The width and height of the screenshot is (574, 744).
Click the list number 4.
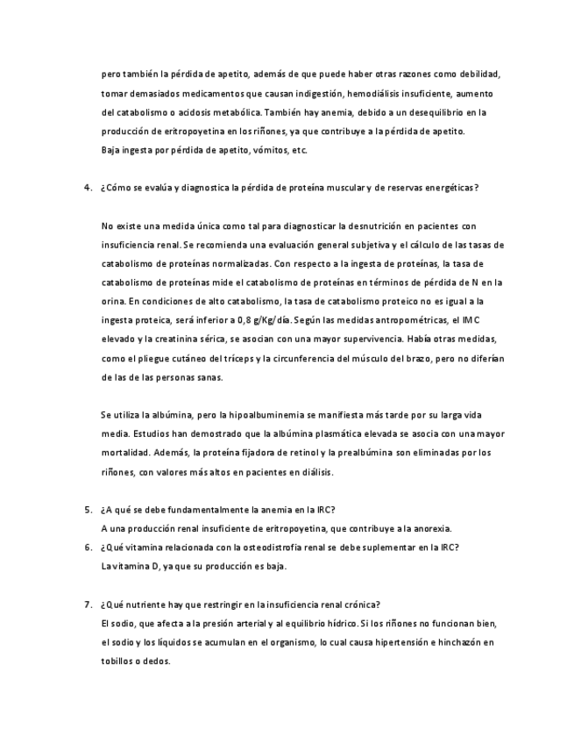[x=88, y=188]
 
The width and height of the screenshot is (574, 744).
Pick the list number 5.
[x=88, y=510]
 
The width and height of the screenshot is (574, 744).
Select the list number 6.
[x=88, y=547]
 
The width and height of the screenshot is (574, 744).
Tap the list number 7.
[x=88, y=604]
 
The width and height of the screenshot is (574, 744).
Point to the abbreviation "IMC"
[x=471, y=319]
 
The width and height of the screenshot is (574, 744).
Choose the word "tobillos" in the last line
[x=119, y=662]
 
